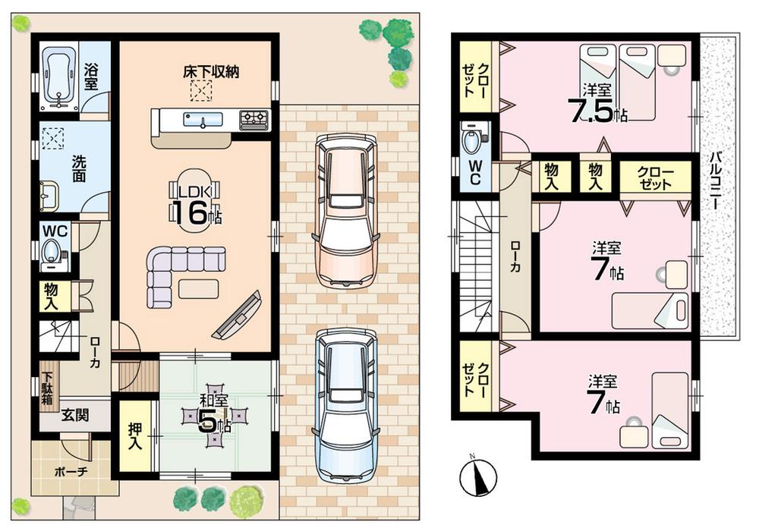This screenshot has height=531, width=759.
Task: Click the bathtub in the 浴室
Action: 59,77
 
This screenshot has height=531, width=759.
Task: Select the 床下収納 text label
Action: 211,73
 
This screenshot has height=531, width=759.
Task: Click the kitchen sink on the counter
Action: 202,120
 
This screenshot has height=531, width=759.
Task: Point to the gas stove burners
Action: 254,119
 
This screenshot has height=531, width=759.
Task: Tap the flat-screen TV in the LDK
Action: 237,314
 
